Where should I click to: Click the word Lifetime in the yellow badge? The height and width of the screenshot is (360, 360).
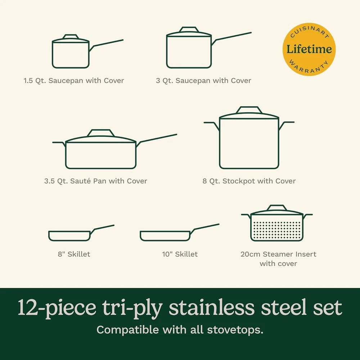tap(309, 49)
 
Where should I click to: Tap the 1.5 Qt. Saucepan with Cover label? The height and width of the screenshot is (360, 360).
tap(74, 81)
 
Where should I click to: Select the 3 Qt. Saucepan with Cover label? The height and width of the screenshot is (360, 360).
tap(203, 81)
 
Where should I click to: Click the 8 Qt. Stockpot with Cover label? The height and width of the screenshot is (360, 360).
tap(249, 181)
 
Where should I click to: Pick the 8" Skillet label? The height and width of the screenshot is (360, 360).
tap(74, 254)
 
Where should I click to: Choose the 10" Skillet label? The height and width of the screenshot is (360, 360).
tap(180, 254)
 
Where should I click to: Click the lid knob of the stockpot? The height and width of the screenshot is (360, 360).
tap(249, 110)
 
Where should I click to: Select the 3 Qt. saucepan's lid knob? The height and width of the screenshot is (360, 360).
tap(189, 30)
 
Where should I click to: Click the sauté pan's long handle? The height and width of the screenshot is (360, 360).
tap(157, 139)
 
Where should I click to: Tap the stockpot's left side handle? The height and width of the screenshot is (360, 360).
tap(212, 126)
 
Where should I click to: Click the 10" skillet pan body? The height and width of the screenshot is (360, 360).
tap(165, 236)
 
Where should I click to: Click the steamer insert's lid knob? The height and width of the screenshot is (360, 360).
tap(277, 208)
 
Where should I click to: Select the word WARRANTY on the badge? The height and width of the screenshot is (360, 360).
tap(309, 67)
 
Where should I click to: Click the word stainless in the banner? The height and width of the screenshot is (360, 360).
tap(212, 307)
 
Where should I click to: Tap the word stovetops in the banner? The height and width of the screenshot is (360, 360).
tap(235, 330)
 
